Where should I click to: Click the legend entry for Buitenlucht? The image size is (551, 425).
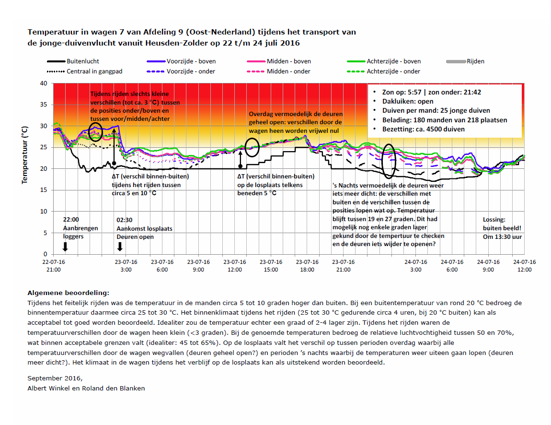[73, 61]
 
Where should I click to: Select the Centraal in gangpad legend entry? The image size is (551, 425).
[85, 71]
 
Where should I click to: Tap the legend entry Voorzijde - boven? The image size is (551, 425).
[181, 61]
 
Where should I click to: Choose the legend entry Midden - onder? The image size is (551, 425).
[279, 71]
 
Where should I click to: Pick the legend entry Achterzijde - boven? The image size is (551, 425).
[384, 61]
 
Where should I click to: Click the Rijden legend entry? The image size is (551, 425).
[465, 61]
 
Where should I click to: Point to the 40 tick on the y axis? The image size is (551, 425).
[44, 83]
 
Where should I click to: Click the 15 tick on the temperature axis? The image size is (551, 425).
[44, 190]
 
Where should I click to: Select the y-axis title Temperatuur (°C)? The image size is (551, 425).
[24, 155]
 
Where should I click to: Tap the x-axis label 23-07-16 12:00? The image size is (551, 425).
[235, 266]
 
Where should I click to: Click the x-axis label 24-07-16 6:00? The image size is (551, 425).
[452, 266]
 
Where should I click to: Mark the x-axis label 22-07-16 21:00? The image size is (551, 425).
[53, 266]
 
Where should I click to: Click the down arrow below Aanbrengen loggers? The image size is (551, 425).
[65, 247]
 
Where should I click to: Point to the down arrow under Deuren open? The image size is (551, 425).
[120, 247]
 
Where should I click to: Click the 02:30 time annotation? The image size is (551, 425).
[125, 220]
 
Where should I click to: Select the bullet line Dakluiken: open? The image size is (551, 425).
[408, 101]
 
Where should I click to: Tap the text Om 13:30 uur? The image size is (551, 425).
[502, 237]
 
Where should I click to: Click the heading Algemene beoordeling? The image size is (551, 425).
[68, 293]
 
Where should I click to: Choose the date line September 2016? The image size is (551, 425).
[55, 378]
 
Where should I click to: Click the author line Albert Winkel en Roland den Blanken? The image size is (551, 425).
[86, 389]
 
